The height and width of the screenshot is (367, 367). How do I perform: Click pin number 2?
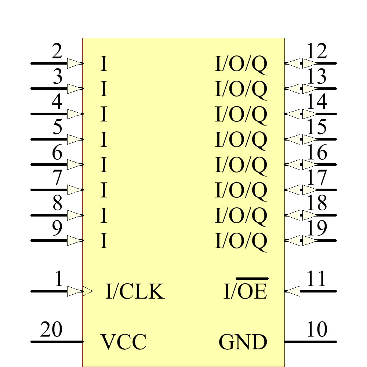click(57, 52)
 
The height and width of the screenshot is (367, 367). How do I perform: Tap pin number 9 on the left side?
click(57, 229)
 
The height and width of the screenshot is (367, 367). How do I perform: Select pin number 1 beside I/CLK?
click(59, 280)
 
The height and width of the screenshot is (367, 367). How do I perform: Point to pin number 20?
click(51, 330)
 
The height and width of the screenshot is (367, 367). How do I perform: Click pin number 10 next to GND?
click(316, 330)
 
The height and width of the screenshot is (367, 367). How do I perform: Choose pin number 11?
click(316, 280)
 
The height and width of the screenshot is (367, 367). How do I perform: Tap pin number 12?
click(316, 52)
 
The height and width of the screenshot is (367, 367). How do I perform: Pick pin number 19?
click(316, 229)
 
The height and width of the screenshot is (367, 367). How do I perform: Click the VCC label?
click(123, 342)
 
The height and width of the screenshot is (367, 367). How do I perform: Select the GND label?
click(243, 342)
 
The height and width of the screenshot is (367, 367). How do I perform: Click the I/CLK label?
click(135, 292)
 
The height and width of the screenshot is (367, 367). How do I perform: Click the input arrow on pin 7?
click(75, 190)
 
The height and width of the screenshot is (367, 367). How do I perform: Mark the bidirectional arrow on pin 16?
click(301, 164)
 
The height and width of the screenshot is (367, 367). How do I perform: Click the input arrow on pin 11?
click(292, 291)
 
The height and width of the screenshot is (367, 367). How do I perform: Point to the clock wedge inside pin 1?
click(88, 291)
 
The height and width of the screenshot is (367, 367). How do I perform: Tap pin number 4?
click(57, 103)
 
